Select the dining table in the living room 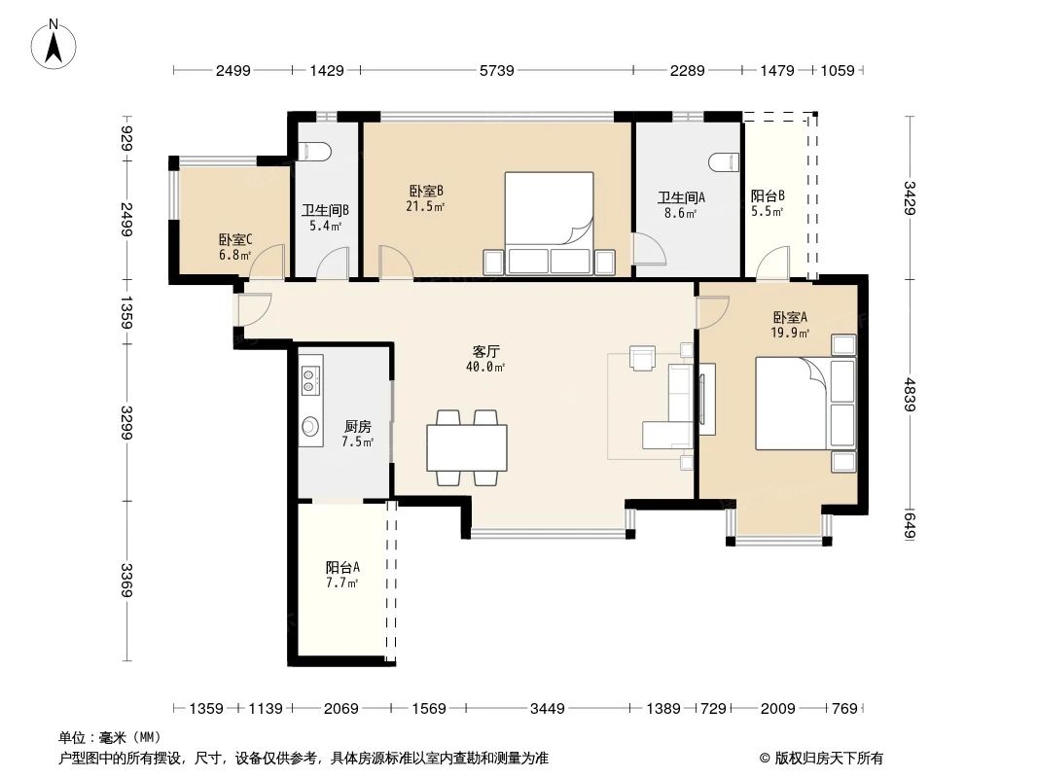pos(467,447)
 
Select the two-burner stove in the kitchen pos(311,380)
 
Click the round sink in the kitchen pos(311,426)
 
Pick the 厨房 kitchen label pos(357,426)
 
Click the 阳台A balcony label pos(342,567)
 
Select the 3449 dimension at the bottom pos(547,708)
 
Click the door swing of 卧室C pos(270,262)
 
